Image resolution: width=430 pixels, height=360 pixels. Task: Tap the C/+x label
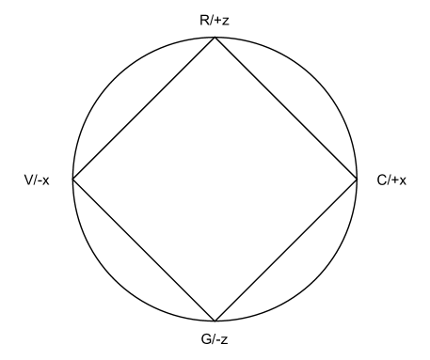click(x=391, y=180)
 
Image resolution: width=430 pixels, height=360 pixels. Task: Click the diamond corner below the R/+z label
click(x=215, y=37)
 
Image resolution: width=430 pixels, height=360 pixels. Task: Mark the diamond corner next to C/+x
click(x=358, y=179)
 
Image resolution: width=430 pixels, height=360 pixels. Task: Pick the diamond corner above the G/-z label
click(x=215, y=321)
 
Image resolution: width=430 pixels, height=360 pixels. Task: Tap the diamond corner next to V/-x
click(x=72, y=179)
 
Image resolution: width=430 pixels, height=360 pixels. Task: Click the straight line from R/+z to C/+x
click(x=286, y=108)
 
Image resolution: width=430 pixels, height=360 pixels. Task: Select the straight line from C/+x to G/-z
click(x=286, y=250)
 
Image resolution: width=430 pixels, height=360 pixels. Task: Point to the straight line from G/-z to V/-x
click(x=143, y=250)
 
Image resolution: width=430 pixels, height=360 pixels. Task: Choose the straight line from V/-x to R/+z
click(x=143, y=108)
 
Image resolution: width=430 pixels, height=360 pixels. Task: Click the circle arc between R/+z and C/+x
click(x=315, y=78)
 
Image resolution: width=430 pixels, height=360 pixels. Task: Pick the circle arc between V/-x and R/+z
click(x=114, y=78)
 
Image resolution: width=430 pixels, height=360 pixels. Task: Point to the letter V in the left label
click(x=30, y=180)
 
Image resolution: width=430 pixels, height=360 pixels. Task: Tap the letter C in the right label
click(x=378, y=180)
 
